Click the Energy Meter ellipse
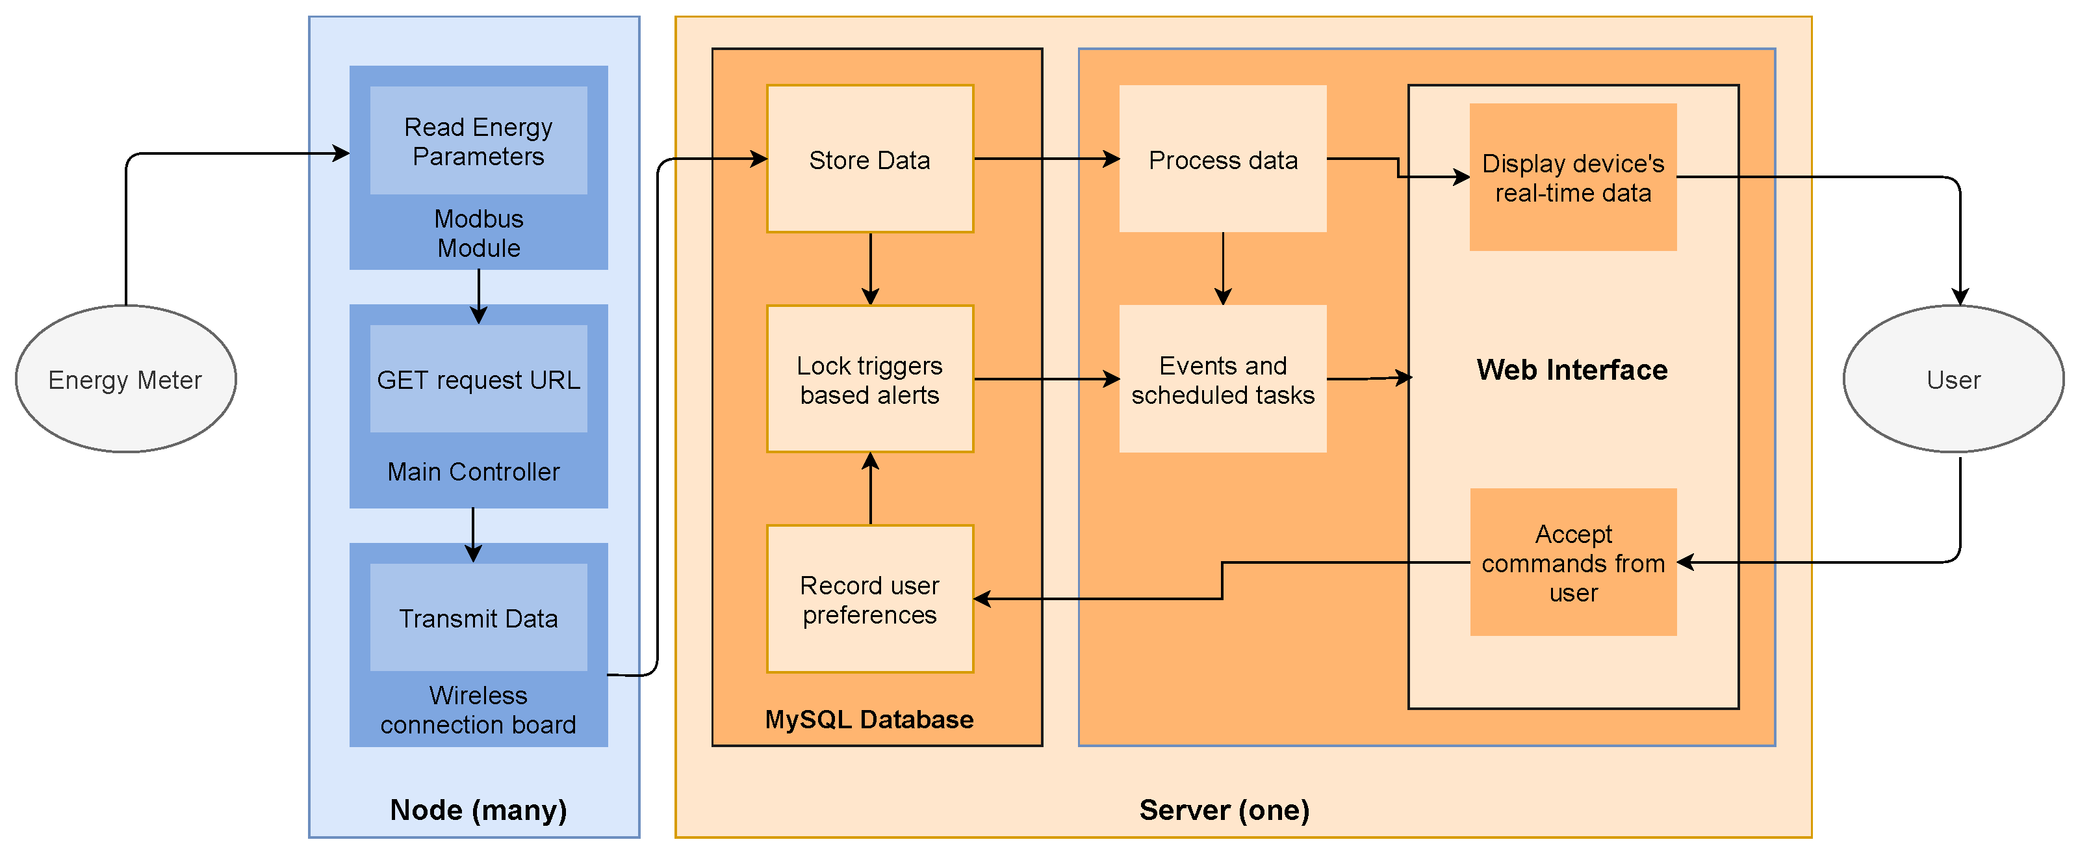click(x=126, y=378)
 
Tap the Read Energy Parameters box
click(x=478, y=141)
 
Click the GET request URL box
click(x=478, y=378)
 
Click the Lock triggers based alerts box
click(x=869, y=379)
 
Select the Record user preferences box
click(x=869, y=599)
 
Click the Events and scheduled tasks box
click(x=1223, y=379)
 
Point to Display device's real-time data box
click(x=1573, y=178)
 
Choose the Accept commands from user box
click(x=1573, y=562)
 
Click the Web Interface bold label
click(x=1571, y=369)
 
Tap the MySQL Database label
click(x=869, y=719)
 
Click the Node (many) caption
click(x=478, y=810)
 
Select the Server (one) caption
click(x=1224, y=810)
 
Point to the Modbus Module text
click(x=478, y=233)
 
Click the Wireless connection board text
click(x=478, y=709)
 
